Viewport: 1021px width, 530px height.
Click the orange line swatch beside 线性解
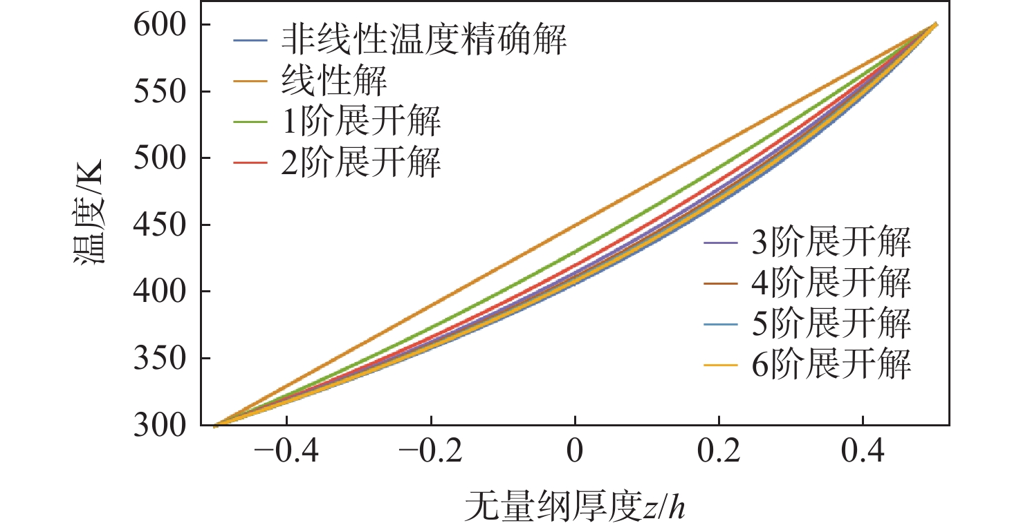pos(248,82)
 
